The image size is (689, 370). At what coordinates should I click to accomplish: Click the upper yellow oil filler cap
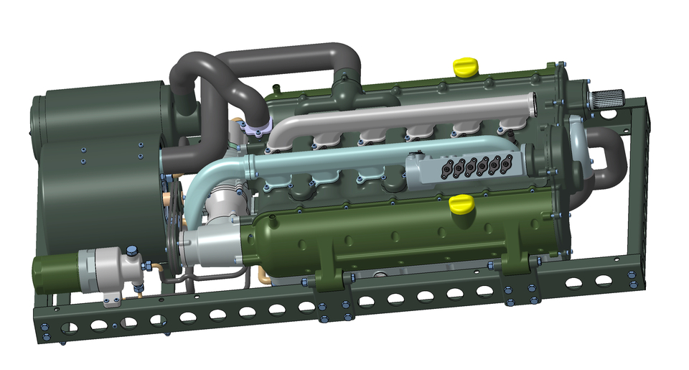(x=466, y=66)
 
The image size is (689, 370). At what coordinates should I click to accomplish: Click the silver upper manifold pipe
(x=402, y=115)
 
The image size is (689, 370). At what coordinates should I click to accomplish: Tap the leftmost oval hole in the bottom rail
(x=69, y=328)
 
